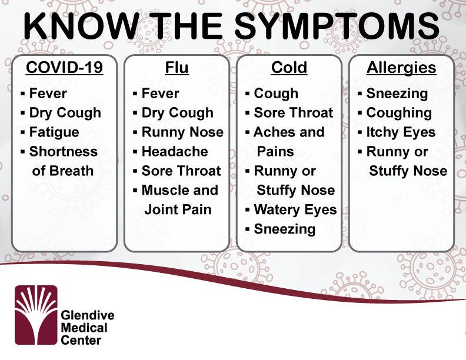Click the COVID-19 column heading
(65, 68)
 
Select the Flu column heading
(177, 68)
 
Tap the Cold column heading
(289, 68)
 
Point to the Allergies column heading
(401, 68)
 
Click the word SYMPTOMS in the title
(337, 25)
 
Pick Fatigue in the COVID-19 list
(54, 132)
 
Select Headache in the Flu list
(175, 152)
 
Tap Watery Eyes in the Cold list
(295, 209)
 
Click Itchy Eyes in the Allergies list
(401, 132)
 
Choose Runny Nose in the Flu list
(182, 132)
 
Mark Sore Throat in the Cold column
(294, 113)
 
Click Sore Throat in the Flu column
(181, 171)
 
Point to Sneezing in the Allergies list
(397, 94)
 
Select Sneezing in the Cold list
(285, 229)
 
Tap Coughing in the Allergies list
(399, 113)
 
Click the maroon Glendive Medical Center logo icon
(36, 315)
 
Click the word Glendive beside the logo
(88, 315)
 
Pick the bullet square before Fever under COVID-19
(22, 94)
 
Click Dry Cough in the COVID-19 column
(65, 113)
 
